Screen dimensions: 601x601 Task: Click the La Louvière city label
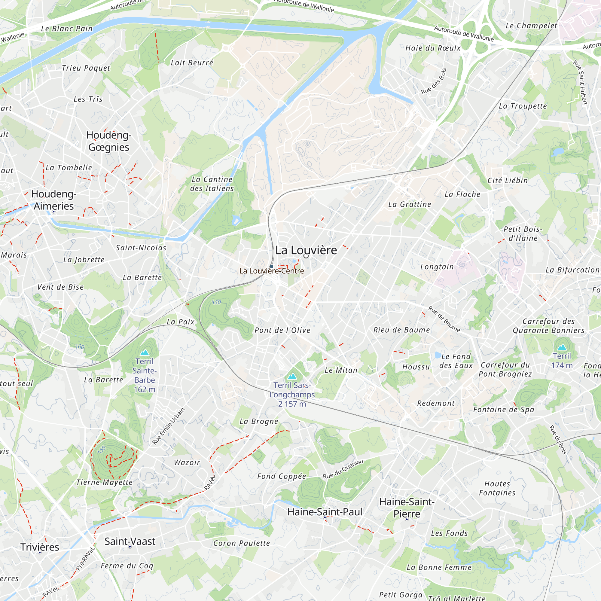pos(306,250)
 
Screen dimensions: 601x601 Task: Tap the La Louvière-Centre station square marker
pos(272,267)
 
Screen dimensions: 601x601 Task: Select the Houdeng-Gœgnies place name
pos(109,141)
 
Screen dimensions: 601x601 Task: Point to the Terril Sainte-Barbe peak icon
pos(145,352)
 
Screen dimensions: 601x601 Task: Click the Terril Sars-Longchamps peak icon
pos(292,377)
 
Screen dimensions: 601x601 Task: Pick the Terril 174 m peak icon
pos(562,347)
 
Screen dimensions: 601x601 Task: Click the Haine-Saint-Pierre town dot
pos(407,520)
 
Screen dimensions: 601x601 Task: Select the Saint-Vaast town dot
pos(130,547)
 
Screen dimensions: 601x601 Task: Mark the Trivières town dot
pos(39,553)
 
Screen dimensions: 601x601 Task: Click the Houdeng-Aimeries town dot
pos(53,212)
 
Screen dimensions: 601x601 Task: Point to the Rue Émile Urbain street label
pos(168,426)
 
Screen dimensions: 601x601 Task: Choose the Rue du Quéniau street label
pos(343,469)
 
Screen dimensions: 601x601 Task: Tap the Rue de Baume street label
pos(444,319)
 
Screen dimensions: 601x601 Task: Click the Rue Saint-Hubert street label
pos(580,82)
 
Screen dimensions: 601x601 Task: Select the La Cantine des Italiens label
pos(212,184)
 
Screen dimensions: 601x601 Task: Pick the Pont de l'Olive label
pos(282,330)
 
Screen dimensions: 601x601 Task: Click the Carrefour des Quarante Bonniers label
pos(549,326)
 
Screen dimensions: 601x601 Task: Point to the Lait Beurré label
pos(192,63)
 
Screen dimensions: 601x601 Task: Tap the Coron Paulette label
pos(242,543)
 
